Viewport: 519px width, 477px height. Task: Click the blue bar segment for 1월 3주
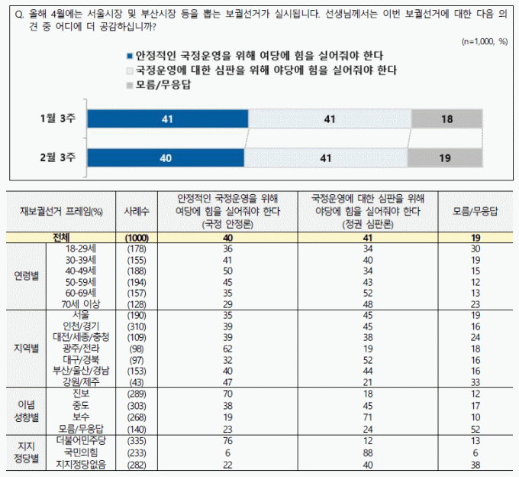pyautogui.click(x=168, y=119)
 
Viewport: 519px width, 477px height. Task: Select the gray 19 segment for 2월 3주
pyautogui.click(x=445, y=157)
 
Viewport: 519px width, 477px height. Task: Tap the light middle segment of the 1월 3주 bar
pyautogui.click(x=330, y=119)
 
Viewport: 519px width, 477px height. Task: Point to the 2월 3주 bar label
pyautogui.click(x=58, y=157)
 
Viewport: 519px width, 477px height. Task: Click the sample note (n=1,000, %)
pyautogui.click(x=485, y=41)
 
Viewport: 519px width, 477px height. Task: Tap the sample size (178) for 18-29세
pyautogui.click(x=136, y=248)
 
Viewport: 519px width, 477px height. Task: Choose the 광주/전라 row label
pyautogui.click(x=81, y=348)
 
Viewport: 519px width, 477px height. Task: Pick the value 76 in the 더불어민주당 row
pyautogui.click(x=227, y=441)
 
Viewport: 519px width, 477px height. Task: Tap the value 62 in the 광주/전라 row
pyautogui.click(x=227, y=348)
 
